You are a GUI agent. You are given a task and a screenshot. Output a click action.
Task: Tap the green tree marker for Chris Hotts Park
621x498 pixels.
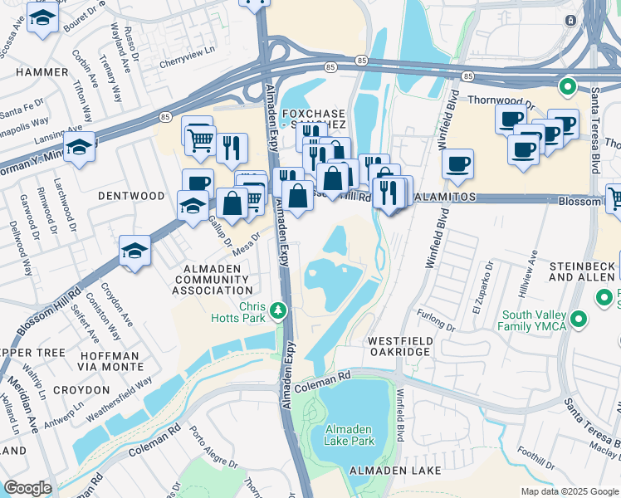(280, 311)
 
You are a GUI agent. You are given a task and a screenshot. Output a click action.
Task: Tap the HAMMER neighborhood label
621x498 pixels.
(41, 72)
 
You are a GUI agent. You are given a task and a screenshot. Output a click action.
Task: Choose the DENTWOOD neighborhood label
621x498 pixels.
(131, 196)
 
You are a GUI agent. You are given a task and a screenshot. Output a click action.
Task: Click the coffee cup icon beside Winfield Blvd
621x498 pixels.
(457, 164)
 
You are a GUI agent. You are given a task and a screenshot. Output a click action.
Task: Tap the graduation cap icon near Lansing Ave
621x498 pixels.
(79, 148)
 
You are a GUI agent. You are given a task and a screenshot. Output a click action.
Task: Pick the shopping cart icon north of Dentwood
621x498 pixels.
(199, 139)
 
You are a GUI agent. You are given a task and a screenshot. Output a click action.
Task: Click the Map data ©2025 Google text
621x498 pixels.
(570, 491)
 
